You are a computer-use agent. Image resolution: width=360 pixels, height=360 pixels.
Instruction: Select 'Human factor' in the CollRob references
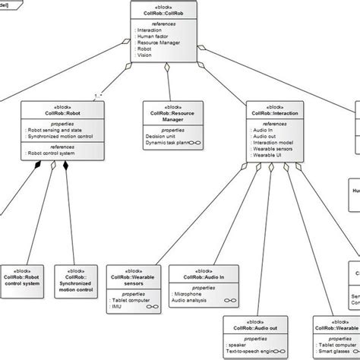(x=151, y=37)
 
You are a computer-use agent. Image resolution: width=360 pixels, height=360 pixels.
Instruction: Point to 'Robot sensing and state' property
(x=54, y=130)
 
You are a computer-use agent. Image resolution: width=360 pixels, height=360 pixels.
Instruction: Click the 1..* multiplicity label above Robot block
(x=97, y=96)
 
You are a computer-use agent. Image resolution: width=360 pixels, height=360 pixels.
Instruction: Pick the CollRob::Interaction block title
(x=275, y=112)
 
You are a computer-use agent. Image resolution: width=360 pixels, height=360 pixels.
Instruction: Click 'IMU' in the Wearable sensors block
(x=117, y=307)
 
